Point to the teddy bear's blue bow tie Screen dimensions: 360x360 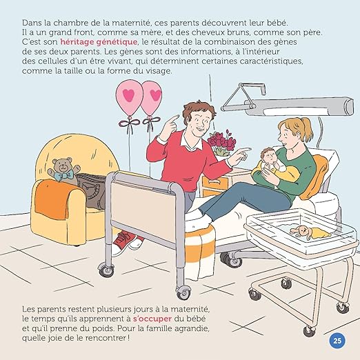click(x=66, y=176)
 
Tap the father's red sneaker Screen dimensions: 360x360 click(x=125, y=241)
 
